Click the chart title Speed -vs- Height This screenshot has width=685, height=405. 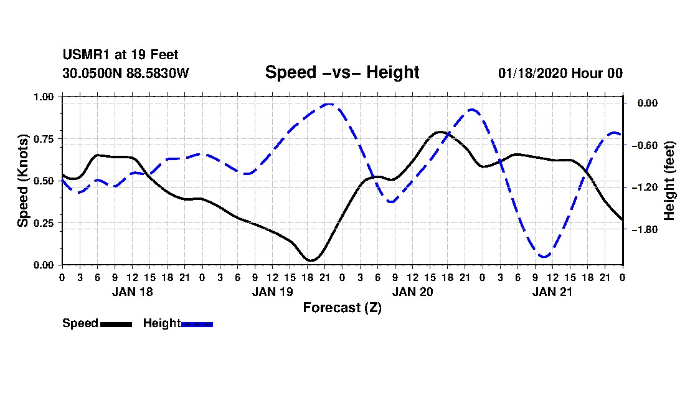pos(342,72)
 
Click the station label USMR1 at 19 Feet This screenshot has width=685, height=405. pos(120,55)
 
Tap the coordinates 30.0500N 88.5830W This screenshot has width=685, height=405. pos(125,73)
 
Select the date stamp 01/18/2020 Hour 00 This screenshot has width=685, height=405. pos(560,73)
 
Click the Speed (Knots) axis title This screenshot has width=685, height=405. pos(22,180)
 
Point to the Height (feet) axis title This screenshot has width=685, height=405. pos(669,181)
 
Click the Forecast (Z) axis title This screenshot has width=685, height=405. pos(342,307)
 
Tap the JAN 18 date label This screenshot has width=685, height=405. pos(132,292)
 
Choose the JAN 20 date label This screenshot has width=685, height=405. pos(412,292)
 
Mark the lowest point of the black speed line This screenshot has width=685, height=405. pos(311,260)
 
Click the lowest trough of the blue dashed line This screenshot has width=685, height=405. pos(544,257)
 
